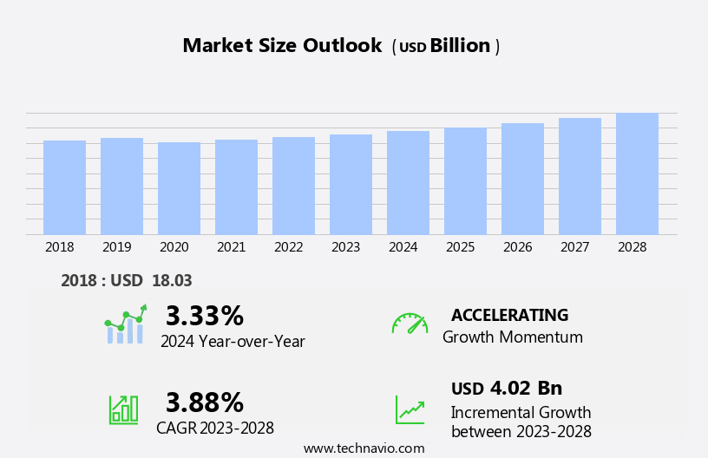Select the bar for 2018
click(x=64, y=187)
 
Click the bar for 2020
click(x=179, y=188)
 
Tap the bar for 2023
click(x=351, y=185)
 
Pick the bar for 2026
click(x=522, y=179)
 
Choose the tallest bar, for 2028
click(x=637, y=173)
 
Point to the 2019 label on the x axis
click(x=116, y=247)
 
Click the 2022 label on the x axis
click(x=288, y=247)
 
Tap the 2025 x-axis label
click(x=460, y=247)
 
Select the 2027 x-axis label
click(x=574, y=247)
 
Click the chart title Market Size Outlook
click(x=282, y=46)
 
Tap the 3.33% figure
click(x=205, y=316)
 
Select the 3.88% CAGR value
click(x=205, y=402)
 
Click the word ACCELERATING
click(x=509, y=315)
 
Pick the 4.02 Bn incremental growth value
click(x=526, y=388)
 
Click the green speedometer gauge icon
click(x=410, y=324)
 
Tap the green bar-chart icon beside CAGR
click(x=123, y=409)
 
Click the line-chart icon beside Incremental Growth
click(x=410, y=409)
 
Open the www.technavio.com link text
click(x=364, y=448)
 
